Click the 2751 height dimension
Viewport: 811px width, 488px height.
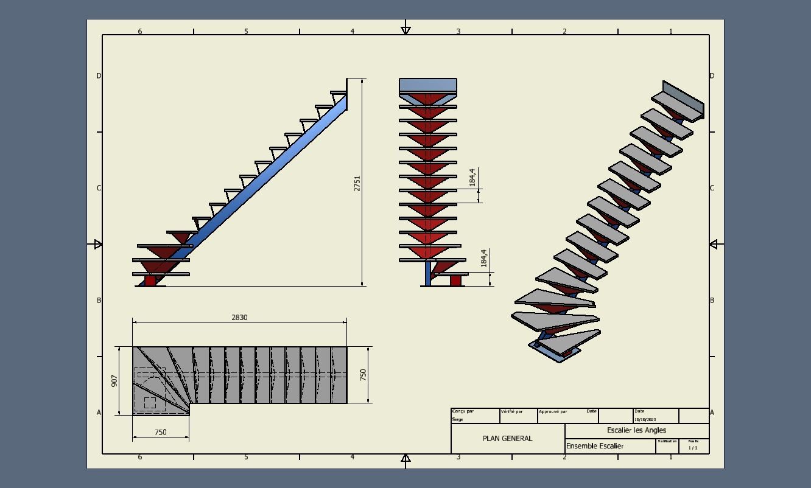357,183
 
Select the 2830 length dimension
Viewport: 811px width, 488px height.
239,318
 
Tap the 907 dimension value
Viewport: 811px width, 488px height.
114,381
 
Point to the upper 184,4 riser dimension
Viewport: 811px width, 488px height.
472,177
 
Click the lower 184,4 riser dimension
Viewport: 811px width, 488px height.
484,258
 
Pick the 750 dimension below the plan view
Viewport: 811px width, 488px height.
160,433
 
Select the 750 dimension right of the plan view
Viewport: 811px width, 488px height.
363,375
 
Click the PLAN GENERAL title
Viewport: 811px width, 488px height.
507,438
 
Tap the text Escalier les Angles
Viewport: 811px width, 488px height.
636,430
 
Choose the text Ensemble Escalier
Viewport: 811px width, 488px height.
595,446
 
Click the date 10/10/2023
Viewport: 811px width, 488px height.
645,419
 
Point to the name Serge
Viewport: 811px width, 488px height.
457,419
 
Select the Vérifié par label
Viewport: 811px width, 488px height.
511,411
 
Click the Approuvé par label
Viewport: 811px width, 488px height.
553,411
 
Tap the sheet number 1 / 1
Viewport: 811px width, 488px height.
693,448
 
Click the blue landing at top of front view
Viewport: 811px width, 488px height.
428,85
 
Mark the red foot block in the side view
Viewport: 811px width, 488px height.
150,281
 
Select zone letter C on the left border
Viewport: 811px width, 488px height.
99,188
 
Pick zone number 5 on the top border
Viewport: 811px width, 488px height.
246,31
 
